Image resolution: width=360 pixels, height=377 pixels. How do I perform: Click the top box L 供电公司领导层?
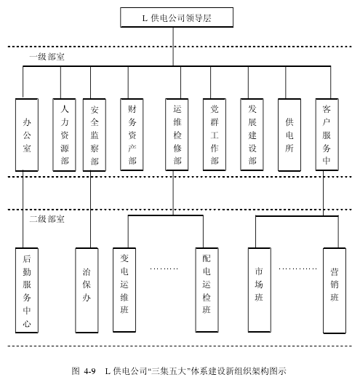(x=177, y=17)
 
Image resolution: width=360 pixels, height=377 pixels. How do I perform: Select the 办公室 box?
(x=27, y=135)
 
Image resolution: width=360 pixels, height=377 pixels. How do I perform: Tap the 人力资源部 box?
(x=64, y=135)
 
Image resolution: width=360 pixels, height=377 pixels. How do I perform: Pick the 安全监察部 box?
(x=95, y=135)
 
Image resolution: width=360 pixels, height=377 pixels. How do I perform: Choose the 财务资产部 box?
(x=132, y=135)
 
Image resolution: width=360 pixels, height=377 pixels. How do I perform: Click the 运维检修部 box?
(x=177, y=135)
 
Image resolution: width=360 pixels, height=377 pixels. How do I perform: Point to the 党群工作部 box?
(x=215, y=135)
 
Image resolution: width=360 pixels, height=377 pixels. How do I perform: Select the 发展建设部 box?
(x=252, y=135)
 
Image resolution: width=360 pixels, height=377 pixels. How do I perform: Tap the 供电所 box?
(x=289, y=135)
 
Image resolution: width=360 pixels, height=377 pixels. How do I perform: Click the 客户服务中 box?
(x=327, y=135)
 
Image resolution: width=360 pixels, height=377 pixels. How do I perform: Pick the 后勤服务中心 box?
(x=27, y=290)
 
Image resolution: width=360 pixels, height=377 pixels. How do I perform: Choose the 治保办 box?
(x=87, y=290)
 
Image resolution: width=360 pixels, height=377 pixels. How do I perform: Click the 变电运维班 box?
(x=124, y=290)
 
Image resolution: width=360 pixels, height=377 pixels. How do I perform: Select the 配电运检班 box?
(x=207, y=290)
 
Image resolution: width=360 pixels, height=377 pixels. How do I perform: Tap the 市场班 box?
(x=260, y=290)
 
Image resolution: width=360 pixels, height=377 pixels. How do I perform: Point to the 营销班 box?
(x=335, y=290)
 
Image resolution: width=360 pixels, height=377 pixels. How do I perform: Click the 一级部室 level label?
(x=47, y=57)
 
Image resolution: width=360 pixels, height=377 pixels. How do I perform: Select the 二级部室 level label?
(x=47, y=219)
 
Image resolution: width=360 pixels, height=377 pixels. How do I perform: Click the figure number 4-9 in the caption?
(x=90, y=371)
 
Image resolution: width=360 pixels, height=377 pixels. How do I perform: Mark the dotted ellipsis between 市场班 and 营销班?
(x=297, y=269)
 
